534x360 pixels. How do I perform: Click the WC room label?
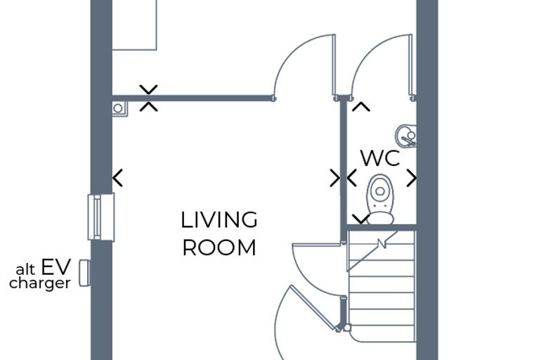[380, 158]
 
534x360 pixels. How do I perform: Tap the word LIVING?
[219, 220]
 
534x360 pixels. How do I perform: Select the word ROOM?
[219, 247]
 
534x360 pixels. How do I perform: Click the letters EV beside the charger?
[56, 266]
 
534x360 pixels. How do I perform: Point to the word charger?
[40, 283]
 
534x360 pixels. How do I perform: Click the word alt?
[25, 269]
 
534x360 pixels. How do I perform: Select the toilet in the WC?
[380, 200]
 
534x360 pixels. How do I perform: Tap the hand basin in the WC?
[406, 136]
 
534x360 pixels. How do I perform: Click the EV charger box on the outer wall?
[84, 273]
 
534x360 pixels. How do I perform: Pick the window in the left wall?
[101, 217]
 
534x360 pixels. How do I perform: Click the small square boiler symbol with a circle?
[119, 108]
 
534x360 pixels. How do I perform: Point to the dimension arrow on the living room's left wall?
[117, 178]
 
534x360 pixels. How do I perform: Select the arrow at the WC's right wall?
[412, 178]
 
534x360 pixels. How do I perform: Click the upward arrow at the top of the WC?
[361, 107]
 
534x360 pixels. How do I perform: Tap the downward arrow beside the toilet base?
[360, 219]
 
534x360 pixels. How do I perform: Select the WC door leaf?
[411, 65]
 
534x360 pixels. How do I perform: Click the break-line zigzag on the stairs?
[382, 243]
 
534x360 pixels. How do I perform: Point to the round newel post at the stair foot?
[347, 328]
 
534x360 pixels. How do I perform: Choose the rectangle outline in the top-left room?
[134, 50]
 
